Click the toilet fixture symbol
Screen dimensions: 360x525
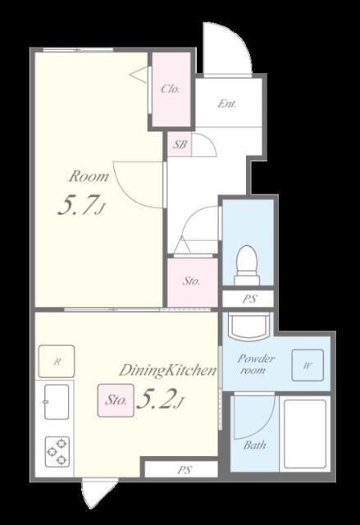247,265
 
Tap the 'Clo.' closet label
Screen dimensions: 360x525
171,89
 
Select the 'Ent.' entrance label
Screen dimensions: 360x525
227,103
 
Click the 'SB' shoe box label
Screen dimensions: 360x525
180,144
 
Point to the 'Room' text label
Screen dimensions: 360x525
89,176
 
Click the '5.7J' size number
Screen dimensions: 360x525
81,206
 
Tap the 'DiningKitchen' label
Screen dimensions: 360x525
167,370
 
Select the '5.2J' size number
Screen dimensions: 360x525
160,399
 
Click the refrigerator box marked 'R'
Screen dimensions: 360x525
57,362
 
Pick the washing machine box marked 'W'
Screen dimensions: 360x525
308,365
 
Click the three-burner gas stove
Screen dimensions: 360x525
57,452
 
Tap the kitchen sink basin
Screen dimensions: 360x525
57,401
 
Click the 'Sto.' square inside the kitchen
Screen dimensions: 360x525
116,400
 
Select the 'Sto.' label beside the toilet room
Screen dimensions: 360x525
191,281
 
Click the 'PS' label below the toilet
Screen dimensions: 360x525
249,299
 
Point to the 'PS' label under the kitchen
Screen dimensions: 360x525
184,470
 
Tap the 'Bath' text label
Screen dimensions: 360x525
254,445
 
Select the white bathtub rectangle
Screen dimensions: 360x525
305,434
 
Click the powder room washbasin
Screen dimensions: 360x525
248,325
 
